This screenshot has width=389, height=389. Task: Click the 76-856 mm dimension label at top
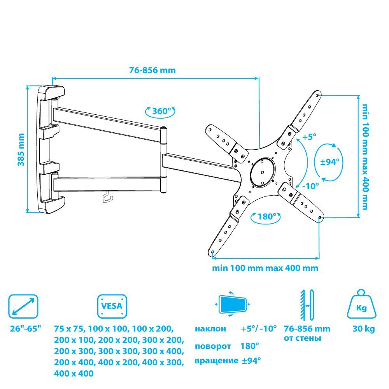pyautogui.click(x=152, y=70)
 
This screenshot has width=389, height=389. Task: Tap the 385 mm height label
pyautogui.click(x=21, y=150)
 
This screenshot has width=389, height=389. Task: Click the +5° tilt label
pyautogui.click(x=309, y=137)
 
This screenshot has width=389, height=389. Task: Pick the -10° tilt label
pyautogui.click(x=310, y=186)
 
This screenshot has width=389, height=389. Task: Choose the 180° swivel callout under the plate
pyautogui.click(x=266, y=217)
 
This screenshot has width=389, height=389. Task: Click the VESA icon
pyautogui.click(x=112, y=306)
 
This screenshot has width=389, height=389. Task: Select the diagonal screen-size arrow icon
pyautogui.click(x=23, y=307)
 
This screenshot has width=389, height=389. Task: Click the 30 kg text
pyautogui.click(x=363, y=329)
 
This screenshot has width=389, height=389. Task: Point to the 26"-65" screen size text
pyautogui.click(x=25, y=328)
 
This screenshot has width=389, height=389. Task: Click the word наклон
pyautogui.click(x=210, y=329)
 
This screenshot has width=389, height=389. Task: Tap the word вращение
pyautogui.click(x=216, y=361)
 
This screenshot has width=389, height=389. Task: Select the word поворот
pyautogui.click(x=213, y=346)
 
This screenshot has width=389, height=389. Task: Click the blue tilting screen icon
pyautogui.click(x=233, y=304)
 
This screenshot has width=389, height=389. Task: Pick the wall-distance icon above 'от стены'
pyautogui.click(x=307, y=305)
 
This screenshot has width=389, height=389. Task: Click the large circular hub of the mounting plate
pyautogui.click(x=263, y=172)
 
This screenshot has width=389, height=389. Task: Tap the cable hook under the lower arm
pyautogui.click(x=108, y=196)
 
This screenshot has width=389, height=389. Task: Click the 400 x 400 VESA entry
pyautogui.click(x=74, y=373)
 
